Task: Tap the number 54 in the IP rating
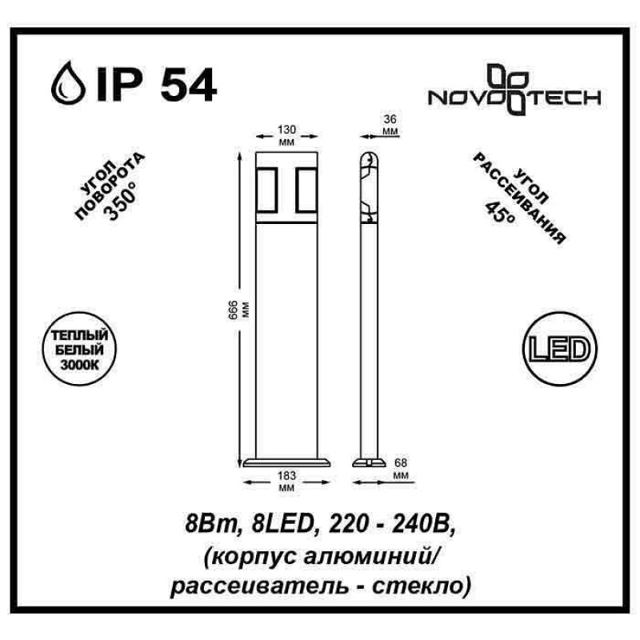(x=188, y=85)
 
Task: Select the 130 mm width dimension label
(x=286, y=135)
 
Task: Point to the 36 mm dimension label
(x=390, y=125)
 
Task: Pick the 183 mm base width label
(x=286, y=482)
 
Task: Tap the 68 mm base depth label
(x=402, y=469)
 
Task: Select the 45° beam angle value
(x=499, y=211)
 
